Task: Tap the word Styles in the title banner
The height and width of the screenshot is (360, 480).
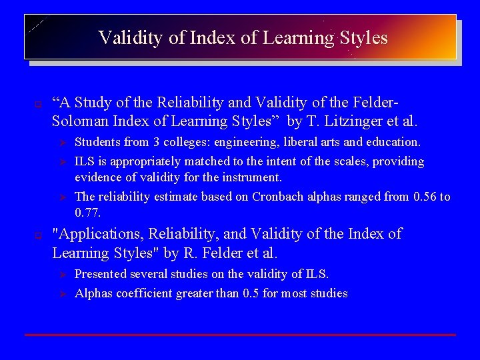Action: (363, 37)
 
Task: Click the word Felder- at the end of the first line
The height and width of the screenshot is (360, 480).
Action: (375, 103)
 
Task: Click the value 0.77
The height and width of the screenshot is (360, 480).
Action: (87, 212)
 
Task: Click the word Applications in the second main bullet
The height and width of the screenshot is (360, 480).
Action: (98, 234)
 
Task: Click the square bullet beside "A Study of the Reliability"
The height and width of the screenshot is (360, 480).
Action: (39, 104)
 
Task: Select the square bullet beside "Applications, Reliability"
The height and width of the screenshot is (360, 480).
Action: (39, 235)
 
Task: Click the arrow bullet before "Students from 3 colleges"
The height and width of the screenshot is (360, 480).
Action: (58, 143)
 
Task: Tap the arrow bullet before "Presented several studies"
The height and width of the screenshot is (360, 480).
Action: (58, 275)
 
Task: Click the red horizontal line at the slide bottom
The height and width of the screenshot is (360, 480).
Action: (240, 334)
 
